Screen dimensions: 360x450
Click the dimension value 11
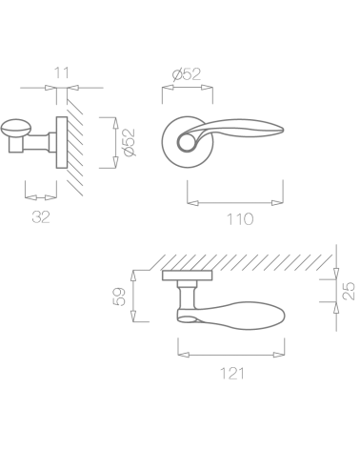[x=62, y=73]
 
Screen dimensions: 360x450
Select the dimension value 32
[x=41, y=217]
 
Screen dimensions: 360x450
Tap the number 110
[x=240, y=219]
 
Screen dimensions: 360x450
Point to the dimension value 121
[x=232, y=374]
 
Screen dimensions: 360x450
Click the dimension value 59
[x=119, y=297]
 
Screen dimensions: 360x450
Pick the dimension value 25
[x=349, y=291]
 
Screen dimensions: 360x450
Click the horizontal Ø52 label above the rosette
[x=187, y=74]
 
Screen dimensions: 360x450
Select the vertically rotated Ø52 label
[x=130, y=142]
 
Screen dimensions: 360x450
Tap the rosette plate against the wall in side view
[x=62, y=142]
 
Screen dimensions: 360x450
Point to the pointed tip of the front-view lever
[x=283, y=130]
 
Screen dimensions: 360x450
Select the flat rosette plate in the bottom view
[x=188, y=276]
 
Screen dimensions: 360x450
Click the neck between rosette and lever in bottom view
[x=186, y=296]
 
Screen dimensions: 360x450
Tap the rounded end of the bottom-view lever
[x=281, y=316]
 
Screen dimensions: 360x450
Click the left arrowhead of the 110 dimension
[x=192, y=203]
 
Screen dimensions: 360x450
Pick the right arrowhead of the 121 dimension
[x=279, y=355]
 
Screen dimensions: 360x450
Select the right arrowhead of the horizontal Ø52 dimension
[x=207, y=88]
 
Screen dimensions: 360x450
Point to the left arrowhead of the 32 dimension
[x=30, y=197]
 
